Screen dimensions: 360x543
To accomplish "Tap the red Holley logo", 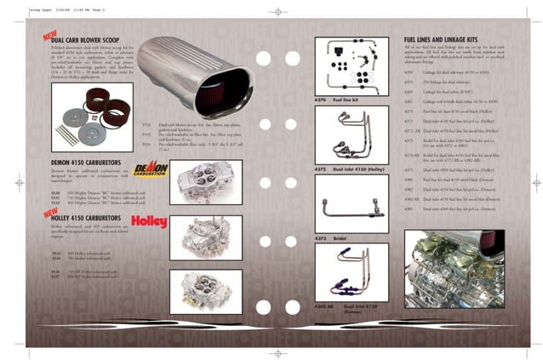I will point(149,222).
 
